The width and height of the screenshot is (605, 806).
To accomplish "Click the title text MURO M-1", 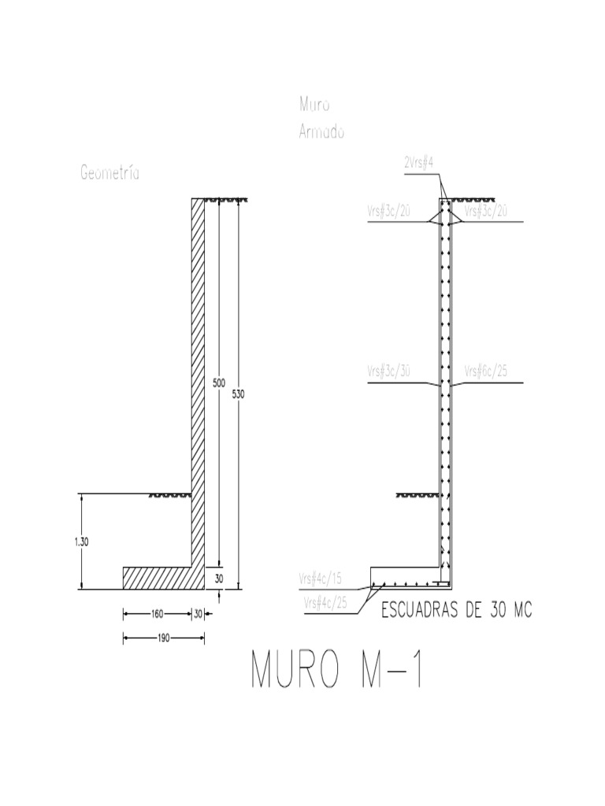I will point(337,670).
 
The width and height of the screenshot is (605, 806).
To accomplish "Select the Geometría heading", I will point(110,173).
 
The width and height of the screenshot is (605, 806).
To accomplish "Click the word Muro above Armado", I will point(314,104).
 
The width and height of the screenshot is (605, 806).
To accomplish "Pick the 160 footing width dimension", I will point(158,615).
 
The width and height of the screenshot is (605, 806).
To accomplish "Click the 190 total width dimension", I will point(163,638).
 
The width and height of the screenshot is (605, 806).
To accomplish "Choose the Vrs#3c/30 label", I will point(389,370).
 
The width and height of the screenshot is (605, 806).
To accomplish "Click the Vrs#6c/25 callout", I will point(484,370).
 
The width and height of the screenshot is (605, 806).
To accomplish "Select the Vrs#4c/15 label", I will point(320,578).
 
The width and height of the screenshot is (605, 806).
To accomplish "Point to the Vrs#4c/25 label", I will point(325,602).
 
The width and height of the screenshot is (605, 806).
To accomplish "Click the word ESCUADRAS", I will point(420,611).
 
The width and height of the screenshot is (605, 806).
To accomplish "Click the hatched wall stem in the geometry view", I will point(199,354).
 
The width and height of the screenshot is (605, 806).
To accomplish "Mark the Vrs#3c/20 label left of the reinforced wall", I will point(389,212).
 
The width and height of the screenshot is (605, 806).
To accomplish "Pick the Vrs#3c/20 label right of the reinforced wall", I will point(485,212).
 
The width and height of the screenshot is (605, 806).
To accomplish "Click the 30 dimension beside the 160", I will point(198,615).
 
